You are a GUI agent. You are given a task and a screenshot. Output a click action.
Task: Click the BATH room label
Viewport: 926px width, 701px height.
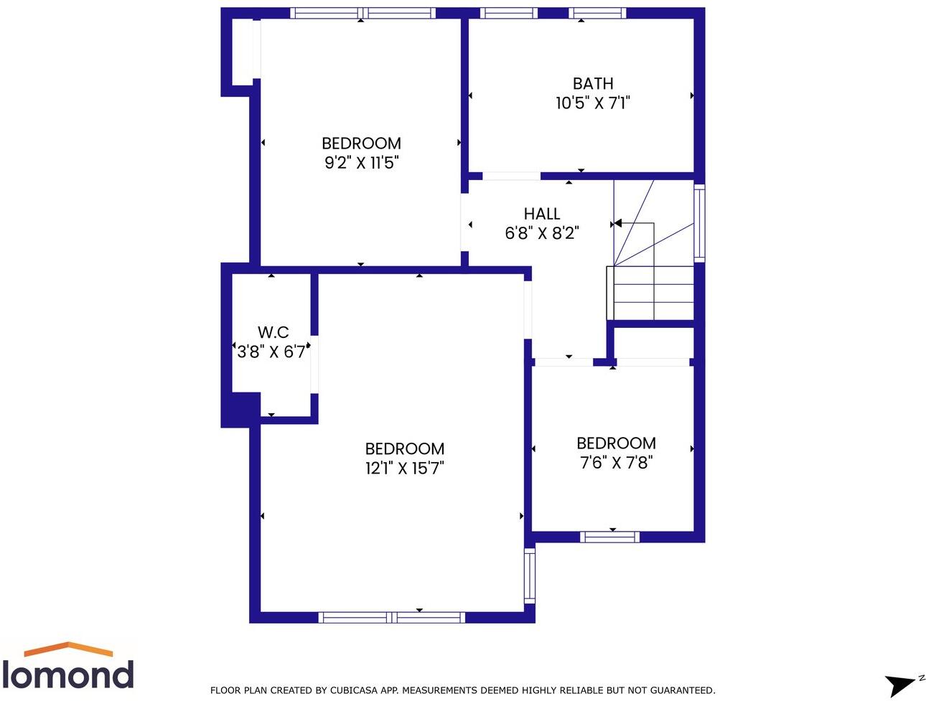pyautogui.click(x=593, y=84)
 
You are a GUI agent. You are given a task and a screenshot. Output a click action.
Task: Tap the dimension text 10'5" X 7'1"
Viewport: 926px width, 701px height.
pyautogui.click(x=592, y=103)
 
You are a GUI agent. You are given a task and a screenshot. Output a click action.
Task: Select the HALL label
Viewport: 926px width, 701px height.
pyautogui.click(x=541, y=214)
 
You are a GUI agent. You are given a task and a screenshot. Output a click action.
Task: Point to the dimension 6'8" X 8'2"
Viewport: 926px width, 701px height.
pyautogui.click(x=541, y=233)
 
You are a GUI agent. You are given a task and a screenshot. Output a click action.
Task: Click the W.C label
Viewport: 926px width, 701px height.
pyautogui.click(x=273, y=332)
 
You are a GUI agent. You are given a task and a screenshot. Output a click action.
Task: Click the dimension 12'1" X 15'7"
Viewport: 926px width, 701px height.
pyautogui.click(x=405, y=469)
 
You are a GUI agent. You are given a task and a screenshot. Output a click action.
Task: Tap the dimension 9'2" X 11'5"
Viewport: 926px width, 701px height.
pyautogui.click(x=361, y=163)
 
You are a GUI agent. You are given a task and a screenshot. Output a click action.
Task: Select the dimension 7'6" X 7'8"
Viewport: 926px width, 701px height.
pyautogui.click(x=616, y=463)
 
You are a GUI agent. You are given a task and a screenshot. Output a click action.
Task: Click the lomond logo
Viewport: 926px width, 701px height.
pyautogui.click(x=67, y=667)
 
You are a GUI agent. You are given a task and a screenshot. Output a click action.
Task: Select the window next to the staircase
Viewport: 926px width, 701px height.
pyautogui.click(x=699, y=222)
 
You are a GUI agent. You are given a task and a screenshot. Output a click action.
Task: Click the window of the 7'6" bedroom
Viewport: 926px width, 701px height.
pyautogui.click(x=609, y=537)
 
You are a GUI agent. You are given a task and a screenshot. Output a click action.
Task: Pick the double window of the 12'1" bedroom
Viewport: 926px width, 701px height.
pyautogui.click(x=392, y=617)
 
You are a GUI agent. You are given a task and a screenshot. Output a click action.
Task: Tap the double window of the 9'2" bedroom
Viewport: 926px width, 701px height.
pyautogui.click(x=363, y=13)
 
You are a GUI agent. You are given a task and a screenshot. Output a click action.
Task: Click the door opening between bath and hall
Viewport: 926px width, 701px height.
pyautogui.click(x=511, y=177)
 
